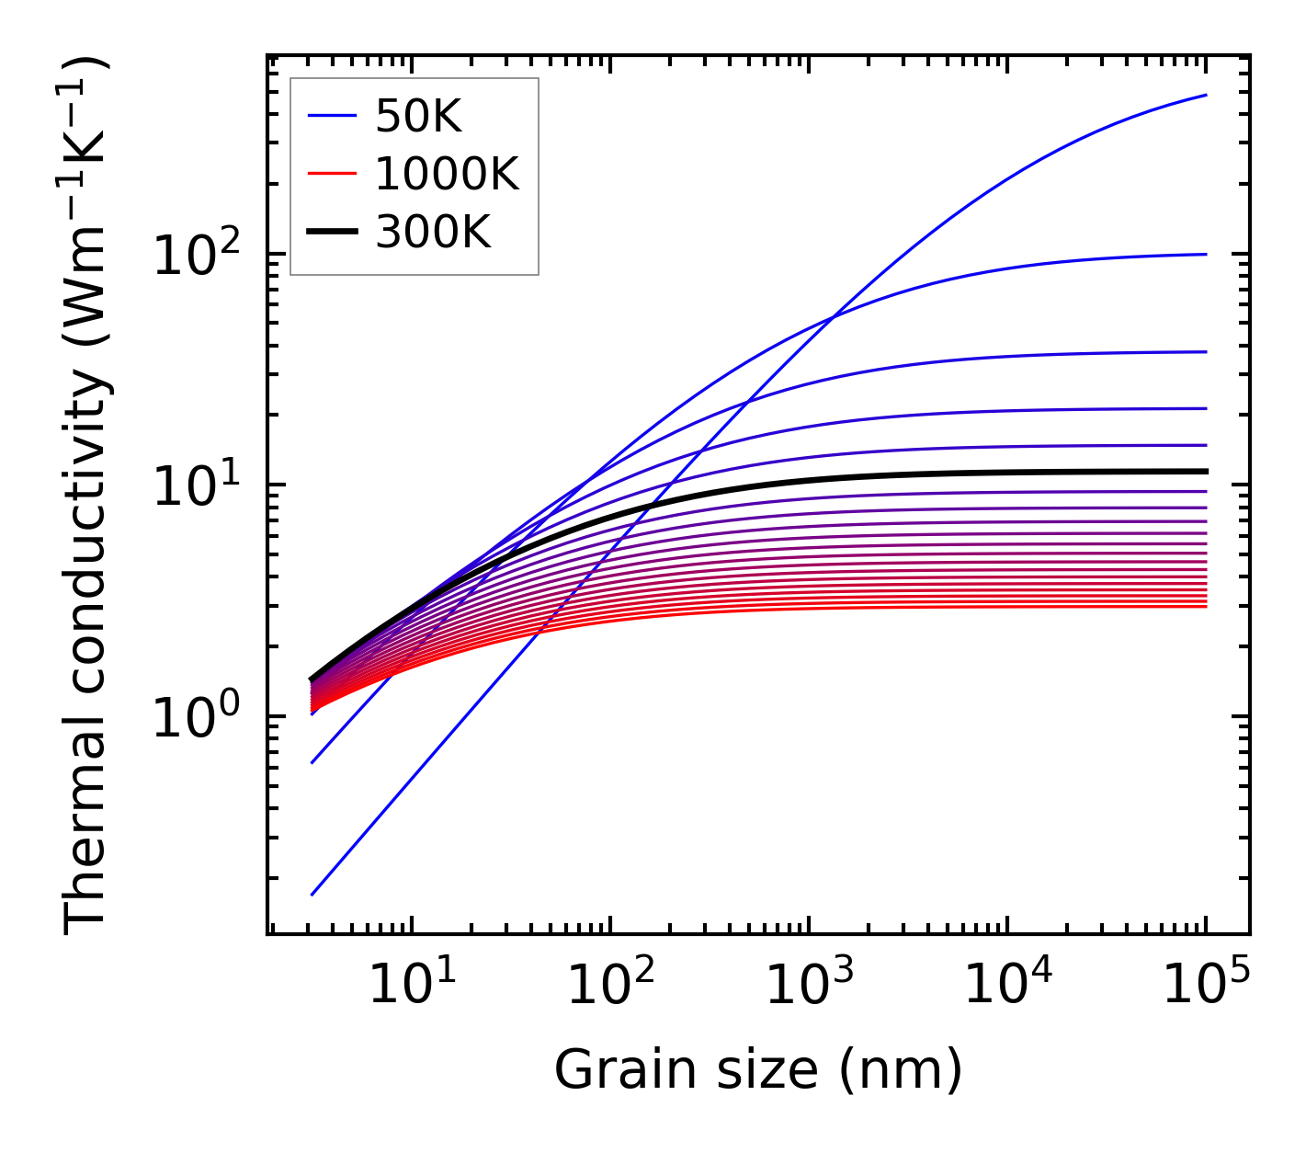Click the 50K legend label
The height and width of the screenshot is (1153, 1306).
coord(418,117)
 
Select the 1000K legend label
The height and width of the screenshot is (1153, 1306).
coord(447,174)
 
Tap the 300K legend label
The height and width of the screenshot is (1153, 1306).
coord(433,233)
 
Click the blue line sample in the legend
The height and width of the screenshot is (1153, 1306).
coord(332,117)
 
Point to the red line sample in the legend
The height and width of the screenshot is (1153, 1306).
coord(332,174)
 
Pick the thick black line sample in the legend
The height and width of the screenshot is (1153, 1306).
coord(332,233)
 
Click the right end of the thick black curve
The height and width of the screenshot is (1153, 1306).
coord(1206,472)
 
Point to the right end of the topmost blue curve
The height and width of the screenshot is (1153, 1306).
coord(1206,95)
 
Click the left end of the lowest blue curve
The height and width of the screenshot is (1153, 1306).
coord(312,895)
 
